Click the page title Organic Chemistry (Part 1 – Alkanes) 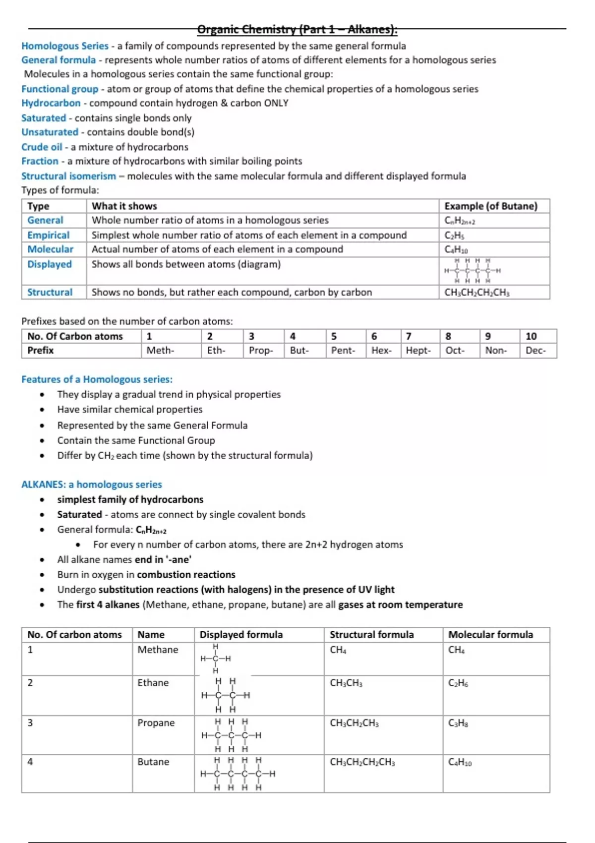(297, 29)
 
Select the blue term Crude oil (42, 147)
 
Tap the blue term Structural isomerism (68, 176)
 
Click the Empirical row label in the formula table (48, 235)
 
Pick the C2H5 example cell (454, 236)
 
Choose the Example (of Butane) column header (490, 206)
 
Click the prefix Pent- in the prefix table (343, 351)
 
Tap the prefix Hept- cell (418, 351)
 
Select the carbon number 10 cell (531, 336)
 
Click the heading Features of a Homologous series (97, 379)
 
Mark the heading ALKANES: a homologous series (91, 484)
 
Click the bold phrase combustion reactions (186, 575)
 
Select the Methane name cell (158, 650)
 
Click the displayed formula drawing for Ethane (226, 695)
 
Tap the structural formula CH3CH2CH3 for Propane (354, 723)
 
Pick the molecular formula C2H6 (458, 683)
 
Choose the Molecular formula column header (490, 635)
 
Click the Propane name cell (156, 723)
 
